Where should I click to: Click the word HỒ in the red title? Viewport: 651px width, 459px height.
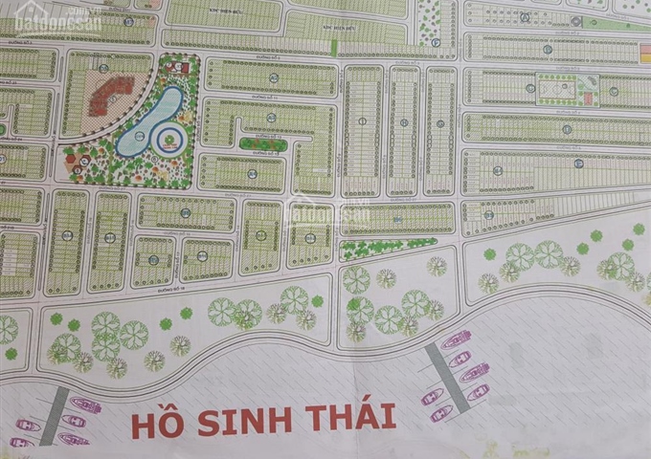156,422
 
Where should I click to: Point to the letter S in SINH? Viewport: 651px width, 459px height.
206,421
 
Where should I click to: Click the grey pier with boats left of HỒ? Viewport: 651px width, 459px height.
60,413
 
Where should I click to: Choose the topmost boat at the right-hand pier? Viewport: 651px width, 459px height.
454,337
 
